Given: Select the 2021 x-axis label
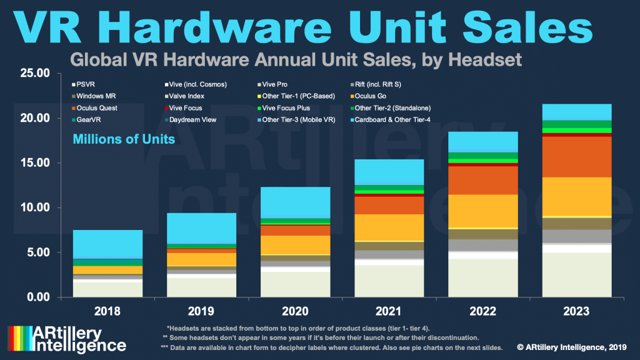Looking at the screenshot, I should (389, 311).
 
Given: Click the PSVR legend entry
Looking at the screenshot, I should (86, 84).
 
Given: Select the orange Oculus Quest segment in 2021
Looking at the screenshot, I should (389, 205).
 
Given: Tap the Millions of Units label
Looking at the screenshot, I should (124, 139).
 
